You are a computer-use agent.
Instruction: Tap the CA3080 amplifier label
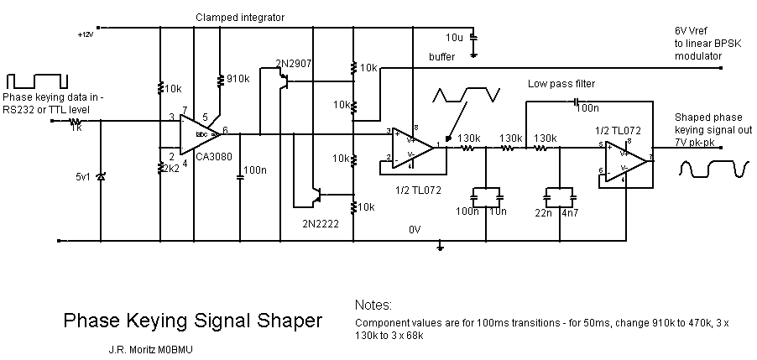click(x=207, y=156)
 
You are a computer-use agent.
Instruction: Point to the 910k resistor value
click(x=238, y=79)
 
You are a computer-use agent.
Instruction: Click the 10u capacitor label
click(x=454, y=39)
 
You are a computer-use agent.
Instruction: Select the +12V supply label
click(x=86, y=34)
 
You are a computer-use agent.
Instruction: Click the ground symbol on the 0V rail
click(x=440, y=247)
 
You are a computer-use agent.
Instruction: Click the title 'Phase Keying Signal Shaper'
click(x=193, y=321)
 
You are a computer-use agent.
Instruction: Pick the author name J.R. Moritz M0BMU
click(x=154, y=347)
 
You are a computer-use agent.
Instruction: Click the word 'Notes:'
click(x=373, y=305)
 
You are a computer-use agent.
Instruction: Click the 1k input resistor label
click(x=76, y=128)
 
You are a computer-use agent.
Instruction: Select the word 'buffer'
click(x=441, y=56)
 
